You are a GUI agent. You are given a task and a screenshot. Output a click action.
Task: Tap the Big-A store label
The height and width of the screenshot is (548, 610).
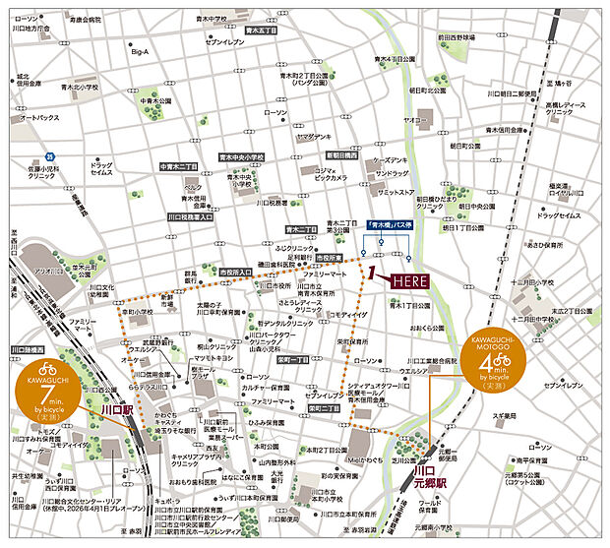pos(140,51)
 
